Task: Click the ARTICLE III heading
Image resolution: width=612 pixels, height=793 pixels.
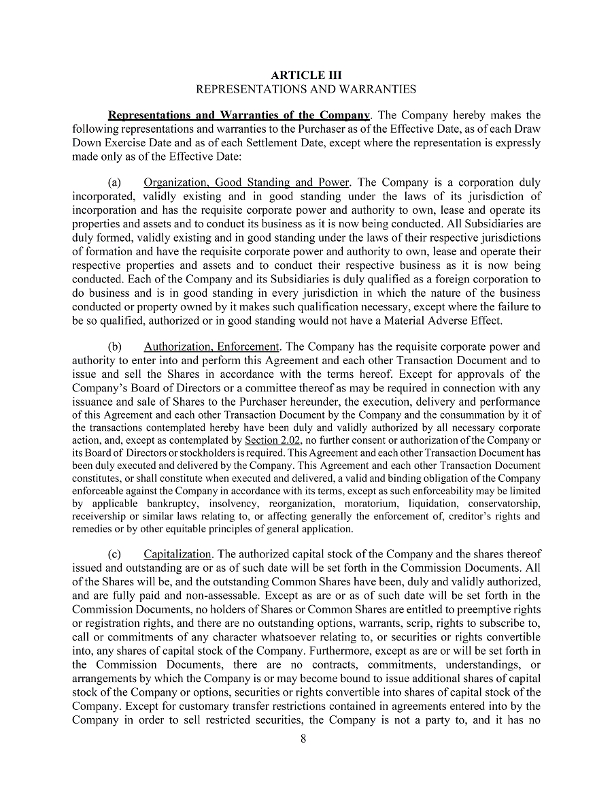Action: [306, 75]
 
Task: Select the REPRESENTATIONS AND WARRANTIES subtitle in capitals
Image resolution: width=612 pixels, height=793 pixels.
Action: [306, 89]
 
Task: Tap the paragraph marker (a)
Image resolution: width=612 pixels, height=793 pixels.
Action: [115, 182]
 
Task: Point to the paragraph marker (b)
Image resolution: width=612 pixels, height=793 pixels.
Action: [115, 346]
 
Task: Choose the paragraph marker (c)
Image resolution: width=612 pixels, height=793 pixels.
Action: [115, 554]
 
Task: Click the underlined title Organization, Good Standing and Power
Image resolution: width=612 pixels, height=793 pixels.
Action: [247, 182]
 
